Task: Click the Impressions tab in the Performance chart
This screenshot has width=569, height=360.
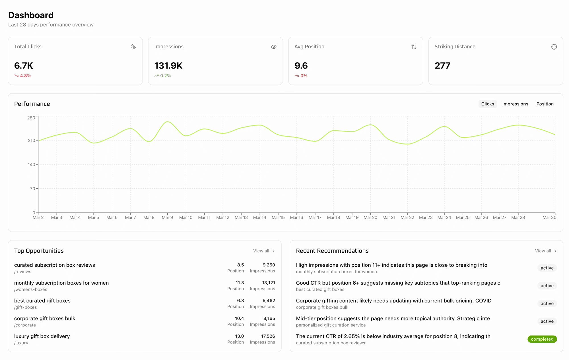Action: click(515, 104)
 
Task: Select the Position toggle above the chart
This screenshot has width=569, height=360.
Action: click(545, 104)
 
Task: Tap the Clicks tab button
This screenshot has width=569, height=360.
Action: click(487, 104)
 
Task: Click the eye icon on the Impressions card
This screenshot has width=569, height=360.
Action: click(273, 47)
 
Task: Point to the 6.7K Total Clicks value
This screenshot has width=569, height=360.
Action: click(24, 66)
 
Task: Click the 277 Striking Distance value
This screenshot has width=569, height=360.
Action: click(442, 66)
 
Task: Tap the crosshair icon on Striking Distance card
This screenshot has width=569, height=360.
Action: click(554, 47)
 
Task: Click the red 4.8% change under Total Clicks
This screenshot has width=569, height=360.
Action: click(25, 76)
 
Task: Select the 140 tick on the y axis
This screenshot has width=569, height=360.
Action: click(31, 164)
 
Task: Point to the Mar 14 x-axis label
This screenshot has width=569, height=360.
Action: click(259, 217)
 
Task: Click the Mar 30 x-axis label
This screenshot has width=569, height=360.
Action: click(549, 217)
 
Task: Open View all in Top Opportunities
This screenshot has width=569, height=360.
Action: click(264, 251)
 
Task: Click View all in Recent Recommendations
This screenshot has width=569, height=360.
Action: click(545, 251)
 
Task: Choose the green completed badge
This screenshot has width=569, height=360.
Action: click(542, 339)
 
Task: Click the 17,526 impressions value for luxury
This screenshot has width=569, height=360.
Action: click(268, 336)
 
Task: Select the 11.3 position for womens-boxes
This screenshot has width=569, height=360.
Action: click(240, 283)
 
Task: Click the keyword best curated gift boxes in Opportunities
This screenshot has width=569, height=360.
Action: click(42, 301)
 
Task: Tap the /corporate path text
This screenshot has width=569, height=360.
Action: click(25, 325)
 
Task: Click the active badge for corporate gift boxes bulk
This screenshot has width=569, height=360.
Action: click(547, 303)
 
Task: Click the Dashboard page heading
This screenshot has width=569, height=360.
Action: click(31, 15)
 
